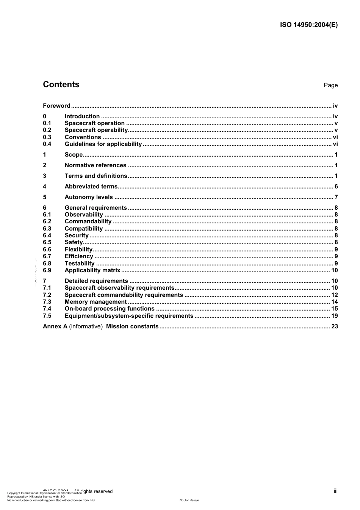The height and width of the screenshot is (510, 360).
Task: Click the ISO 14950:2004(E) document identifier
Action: (308, 25)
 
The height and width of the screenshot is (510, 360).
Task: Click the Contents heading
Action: (61, 85)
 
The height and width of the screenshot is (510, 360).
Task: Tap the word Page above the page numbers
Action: (330, 85)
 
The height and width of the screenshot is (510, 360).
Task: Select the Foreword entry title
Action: (56, 106)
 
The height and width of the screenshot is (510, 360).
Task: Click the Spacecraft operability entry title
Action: (96, 130)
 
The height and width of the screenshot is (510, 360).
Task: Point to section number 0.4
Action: (47, 144)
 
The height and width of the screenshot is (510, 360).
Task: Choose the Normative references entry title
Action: (95, 165)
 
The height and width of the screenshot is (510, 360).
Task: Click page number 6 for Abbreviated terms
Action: (336, 187)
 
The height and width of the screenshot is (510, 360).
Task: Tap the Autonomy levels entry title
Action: (89, 197)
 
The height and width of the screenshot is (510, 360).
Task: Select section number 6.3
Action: (47, 229)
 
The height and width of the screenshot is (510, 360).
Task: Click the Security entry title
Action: (77, 235)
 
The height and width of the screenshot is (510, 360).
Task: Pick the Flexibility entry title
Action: (78, 250)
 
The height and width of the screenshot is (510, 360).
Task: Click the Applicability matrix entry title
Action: (92, 270)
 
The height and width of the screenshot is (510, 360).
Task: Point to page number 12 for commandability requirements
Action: (334, 295)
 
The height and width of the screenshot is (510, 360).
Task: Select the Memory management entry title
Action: (95, 302)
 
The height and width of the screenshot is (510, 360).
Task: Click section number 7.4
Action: (47, 309)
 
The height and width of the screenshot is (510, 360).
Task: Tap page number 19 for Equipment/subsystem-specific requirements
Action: (334, 316)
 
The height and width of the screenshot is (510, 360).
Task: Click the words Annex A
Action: (55, 326)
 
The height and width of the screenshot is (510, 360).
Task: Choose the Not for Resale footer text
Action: (189, 500)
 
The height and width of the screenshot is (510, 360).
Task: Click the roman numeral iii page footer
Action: (335, 491)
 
